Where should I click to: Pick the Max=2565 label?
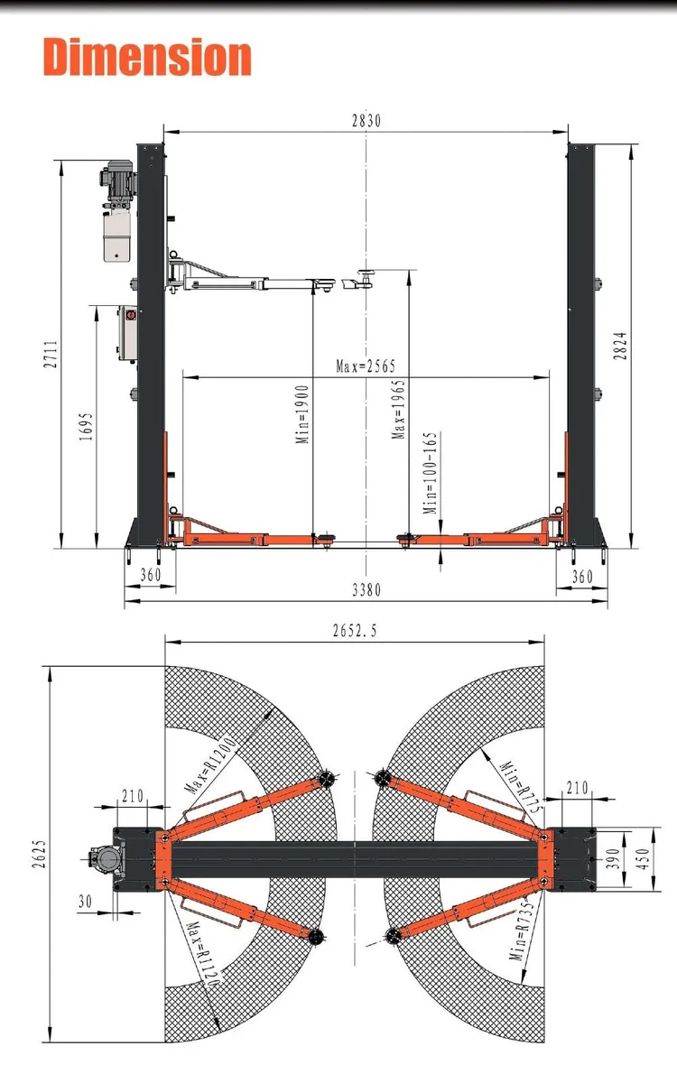[366, 366]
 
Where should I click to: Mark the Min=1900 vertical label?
[303, 413]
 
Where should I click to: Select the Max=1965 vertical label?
[398, 408]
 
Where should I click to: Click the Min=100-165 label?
[431, 472]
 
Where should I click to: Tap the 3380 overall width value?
[365, 590]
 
